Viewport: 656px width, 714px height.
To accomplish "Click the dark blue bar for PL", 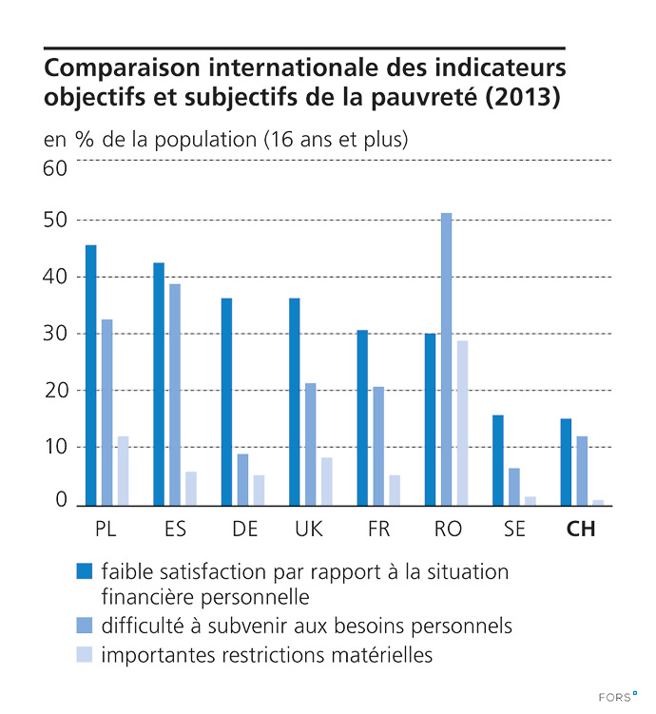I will pyautogui.click(x=90, y=375).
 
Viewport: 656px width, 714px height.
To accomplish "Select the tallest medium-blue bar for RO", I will pyautogui.click(x=446, y=358).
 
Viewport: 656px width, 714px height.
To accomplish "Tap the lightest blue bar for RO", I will pyautogui.click(x=462, y=422).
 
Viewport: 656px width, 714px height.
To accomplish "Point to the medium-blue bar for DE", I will pyautogui.click(x=242, y=479).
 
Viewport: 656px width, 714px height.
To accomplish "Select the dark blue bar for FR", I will pyautogui.click(x=362, y=417).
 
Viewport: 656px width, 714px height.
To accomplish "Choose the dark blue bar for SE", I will pyautogui.click(x=498, y=459).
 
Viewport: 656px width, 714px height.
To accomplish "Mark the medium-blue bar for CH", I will pyautogui.click(x=582, y=471).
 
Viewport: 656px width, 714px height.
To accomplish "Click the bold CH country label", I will pyautogui.click(x=580, y=530).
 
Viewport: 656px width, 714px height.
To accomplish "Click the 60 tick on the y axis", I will pyautogui.click(x=55, y=168).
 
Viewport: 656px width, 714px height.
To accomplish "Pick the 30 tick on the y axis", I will pyautogui.click(x=55, y=334).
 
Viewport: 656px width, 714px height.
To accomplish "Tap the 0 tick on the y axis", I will pyautogui.click(x=61, y=500).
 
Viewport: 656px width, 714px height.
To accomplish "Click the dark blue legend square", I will pyautogui.click(x=84, y=572).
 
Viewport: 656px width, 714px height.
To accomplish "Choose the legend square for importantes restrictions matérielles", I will pyautogui.click(x=84, y=654).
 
